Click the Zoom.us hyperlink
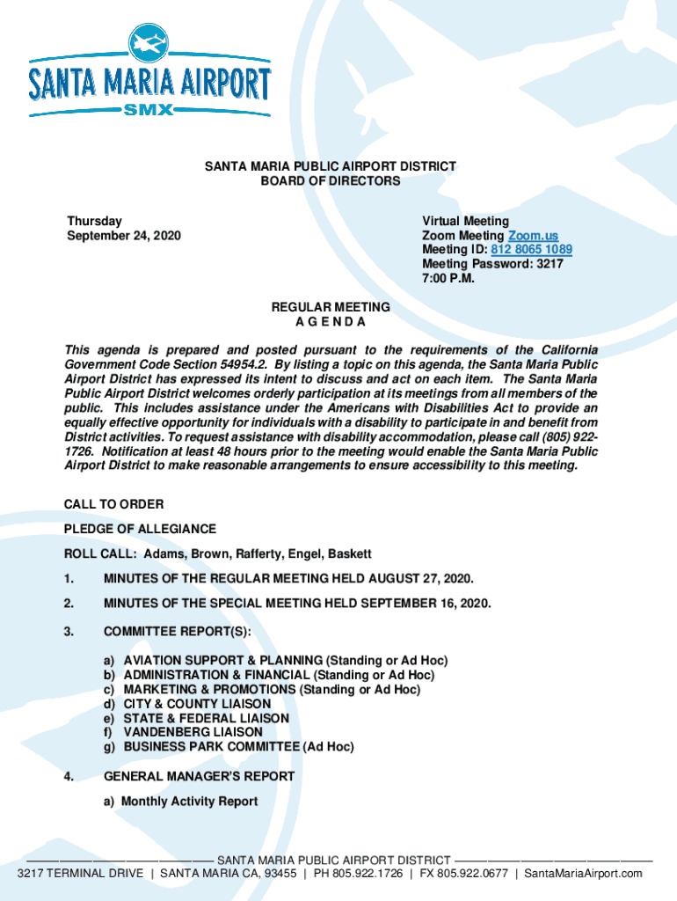click(533, 236)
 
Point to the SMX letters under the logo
click(150, 110)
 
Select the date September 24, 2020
click(124, 236)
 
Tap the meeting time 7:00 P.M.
click(449, 278)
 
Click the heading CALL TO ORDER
click(113, 504)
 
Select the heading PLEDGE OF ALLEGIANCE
click(140, 529)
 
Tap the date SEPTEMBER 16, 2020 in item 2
click(426, 603)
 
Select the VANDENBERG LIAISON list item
click(193, 732)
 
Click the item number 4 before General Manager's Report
click(69, 776)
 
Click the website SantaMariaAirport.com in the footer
click(583, 873)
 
